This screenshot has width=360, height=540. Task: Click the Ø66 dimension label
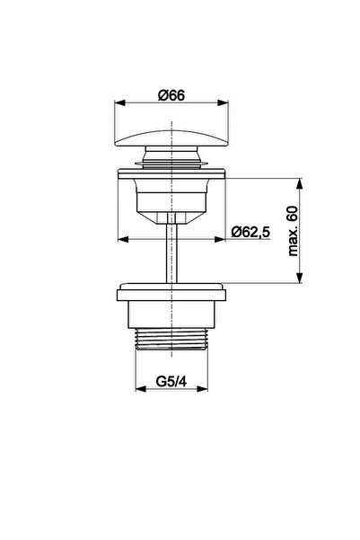point(171,95)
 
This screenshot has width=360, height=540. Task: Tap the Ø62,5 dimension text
point(250,232)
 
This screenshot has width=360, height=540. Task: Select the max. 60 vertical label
point(293,231)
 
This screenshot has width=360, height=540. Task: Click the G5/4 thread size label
point(171,381)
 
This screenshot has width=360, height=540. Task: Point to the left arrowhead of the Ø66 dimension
point(119,102)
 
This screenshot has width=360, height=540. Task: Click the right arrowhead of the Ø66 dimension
point(223,102)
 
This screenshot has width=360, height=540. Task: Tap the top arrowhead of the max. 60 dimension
point(300,183)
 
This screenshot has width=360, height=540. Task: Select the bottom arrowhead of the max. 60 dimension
point(300,278)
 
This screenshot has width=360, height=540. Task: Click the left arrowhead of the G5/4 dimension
point(141,389)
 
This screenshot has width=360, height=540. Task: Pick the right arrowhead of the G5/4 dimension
point(203,389)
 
